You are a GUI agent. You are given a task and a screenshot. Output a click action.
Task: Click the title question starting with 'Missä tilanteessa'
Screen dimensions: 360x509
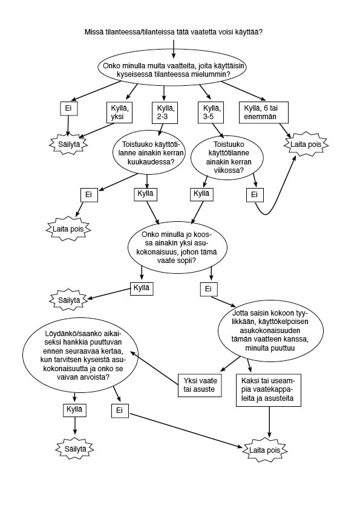(x=174, y=32)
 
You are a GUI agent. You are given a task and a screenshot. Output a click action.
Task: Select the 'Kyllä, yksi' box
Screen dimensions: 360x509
(x=120, y=112)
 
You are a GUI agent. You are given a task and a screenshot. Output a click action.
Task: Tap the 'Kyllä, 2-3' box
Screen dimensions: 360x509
(x=165, y=112)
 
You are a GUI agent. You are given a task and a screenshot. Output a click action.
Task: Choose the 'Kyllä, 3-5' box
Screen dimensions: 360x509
(x=211, y=112)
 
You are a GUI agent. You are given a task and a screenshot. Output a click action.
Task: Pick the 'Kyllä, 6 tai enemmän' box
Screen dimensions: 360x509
(x=264, y=112)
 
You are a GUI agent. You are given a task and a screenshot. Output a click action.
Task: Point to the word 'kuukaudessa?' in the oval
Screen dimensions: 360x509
(x=149, y=161)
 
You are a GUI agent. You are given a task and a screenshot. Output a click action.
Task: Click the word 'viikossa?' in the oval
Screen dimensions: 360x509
(x=229, y=170)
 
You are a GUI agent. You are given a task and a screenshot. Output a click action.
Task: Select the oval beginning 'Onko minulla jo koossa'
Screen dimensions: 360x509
(x=177, y=247)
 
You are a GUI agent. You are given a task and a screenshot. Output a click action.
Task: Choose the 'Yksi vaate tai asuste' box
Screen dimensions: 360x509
(x=200, y=385)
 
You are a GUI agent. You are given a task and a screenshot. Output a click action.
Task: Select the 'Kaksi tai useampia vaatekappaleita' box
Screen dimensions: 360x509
(x=269, y=390)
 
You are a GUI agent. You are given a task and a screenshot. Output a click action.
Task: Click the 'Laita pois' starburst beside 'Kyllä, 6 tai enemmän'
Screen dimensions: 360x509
(x=306, y=144)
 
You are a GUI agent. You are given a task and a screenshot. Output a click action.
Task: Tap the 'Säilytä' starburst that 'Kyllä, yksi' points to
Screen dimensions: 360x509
(x=69, y=144)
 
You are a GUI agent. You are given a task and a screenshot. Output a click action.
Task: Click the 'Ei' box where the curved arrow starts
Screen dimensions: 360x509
(x=255, y=195)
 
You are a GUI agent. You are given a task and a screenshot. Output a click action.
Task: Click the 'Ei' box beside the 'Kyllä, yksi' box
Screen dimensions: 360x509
(x=68, y=108)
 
